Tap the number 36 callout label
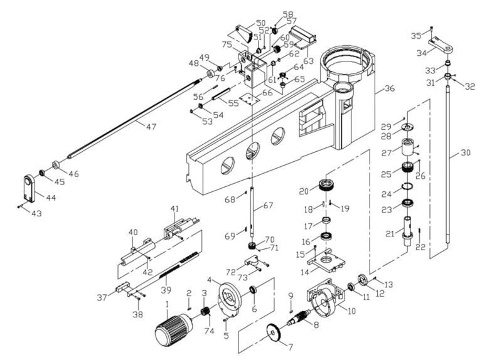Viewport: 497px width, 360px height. pos(389,88)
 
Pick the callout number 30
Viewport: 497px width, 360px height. pos(464,152)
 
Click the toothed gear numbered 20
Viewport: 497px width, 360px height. pos(326,185)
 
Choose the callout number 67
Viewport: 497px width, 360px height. pos(269,205)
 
